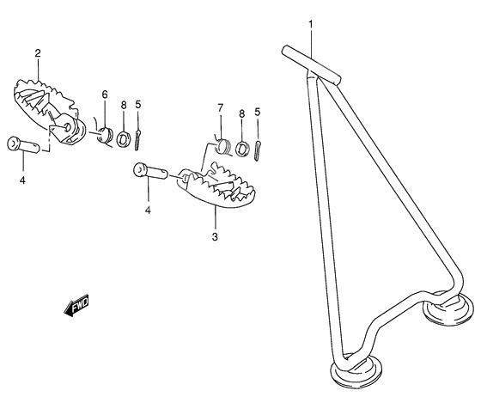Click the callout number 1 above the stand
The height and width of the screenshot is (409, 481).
point(310,23)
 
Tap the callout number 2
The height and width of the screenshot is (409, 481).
point(38,53)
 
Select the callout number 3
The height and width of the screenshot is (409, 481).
point(215,236)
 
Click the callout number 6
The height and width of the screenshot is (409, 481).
point(105,95)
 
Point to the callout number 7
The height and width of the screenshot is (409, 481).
point(220,108)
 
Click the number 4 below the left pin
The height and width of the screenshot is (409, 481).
point(22,180)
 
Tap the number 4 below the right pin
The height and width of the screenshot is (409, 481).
point(148,211)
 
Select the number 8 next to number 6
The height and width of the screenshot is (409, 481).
point(124,105)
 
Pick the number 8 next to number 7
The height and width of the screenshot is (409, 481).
point(242,113)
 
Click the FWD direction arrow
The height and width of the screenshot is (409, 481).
point(76,305)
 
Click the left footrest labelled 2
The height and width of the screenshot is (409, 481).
point(49,111)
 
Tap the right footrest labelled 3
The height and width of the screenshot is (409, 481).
point(216,186)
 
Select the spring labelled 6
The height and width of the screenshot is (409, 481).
point(104,135)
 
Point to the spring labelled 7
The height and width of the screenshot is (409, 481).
point(222,146)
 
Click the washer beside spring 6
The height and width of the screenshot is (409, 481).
point(123,138)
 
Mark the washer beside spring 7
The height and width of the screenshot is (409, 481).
point(242,148)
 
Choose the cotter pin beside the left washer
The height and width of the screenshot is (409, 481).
point(137,140)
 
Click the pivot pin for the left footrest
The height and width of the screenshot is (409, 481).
point(23,144)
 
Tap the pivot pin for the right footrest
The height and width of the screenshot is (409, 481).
point(150,171)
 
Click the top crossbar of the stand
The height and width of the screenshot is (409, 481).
point(311,65)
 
